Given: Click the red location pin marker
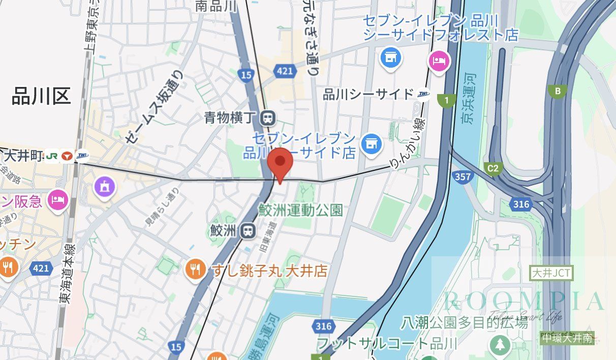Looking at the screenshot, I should [x=279, y=163].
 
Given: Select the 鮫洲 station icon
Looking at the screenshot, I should [x=248, y=231].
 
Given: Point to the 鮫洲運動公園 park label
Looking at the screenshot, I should [x=301, y=209].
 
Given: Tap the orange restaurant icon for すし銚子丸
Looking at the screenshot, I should [x=196, y=269].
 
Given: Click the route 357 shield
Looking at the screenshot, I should [x=464, y=177].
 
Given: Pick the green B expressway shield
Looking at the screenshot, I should [x=558, y=92].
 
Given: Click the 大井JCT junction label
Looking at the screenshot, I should [x=551, y=273].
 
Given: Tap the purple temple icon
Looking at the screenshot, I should [x=105, y=187].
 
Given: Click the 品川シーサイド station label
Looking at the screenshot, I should [x=368, y=94].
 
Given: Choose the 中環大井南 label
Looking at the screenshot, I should [x=567, y=338].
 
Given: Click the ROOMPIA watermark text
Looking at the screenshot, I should [x=523, y=301].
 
